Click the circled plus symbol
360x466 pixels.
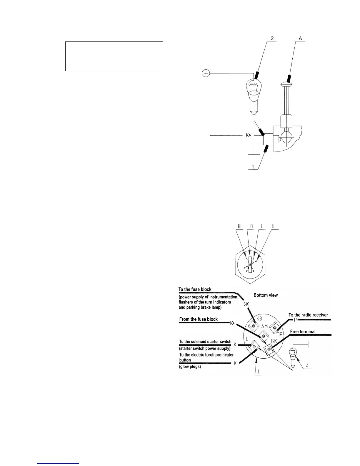[206, 73]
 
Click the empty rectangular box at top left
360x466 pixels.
[114, 56]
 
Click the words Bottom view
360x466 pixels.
[265, 295]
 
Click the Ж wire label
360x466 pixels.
[246, 304]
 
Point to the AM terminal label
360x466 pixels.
[264, 327]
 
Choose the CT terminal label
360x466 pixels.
[249, 339]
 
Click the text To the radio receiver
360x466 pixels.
[308, 315]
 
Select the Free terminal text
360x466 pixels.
[303, 332]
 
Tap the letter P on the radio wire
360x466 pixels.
[295, 320]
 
